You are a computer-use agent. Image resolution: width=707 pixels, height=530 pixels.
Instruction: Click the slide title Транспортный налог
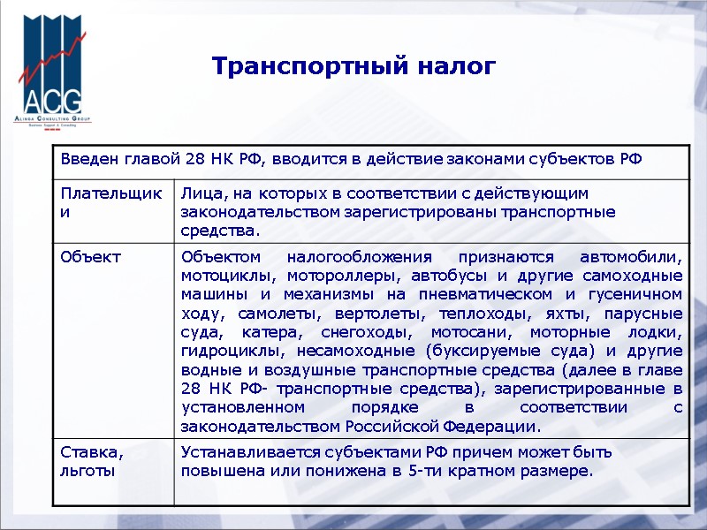(x=353, y=66)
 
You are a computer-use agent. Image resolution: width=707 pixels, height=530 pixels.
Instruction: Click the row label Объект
(x=90, y=257)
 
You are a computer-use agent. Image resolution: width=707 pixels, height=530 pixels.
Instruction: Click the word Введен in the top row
(x=87, y=160)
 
